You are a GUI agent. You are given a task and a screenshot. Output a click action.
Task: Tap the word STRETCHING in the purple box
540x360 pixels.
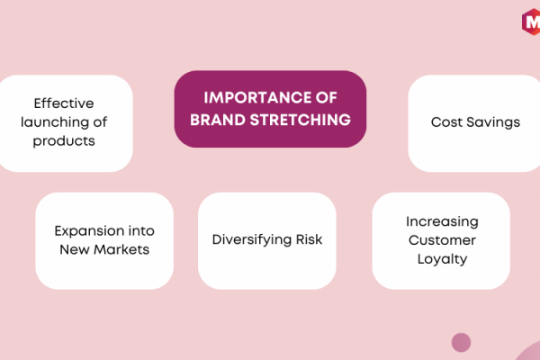[301, 120]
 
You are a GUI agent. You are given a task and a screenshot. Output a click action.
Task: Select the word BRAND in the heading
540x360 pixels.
[218, 120]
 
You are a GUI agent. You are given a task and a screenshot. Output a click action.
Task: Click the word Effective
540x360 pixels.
[64, 103]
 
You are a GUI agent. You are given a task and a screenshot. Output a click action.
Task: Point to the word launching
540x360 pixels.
[54, 122]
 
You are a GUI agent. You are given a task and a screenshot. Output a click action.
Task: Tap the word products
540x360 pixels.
[64, 141]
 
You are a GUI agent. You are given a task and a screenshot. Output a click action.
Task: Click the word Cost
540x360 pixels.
[446, 122]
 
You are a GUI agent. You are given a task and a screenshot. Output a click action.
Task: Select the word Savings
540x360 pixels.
[493, 122]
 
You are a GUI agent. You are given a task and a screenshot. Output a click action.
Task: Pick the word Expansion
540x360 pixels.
[89, 231]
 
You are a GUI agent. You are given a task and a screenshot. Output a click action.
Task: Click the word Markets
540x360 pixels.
[121, 249]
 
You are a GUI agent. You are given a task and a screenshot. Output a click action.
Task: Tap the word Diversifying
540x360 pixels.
[252, 240]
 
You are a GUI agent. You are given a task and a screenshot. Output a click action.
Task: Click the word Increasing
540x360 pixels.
[442, 222]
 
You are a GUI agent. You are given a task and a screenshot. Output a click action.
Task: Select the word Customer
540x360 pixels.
[442, 240]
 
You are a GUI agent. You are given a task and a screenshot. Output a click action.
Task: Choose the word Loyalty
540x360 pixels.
[442, 259]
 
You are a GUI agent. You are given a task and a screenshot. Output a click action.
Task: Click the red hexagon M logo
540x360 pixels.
[531, 22]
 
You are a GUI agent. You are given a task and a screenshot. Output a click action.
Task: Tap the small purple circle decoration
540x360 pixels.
[461, 342]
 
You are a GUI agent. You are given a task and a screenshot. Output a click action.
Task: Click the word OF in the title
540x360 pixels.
[327, 97]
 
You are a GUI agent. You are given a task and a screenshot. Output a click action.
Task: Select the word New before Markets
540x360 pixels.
[75, 249]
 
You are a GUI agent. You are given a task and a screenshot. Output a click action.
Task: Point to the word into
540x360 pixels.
[141, 230]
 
